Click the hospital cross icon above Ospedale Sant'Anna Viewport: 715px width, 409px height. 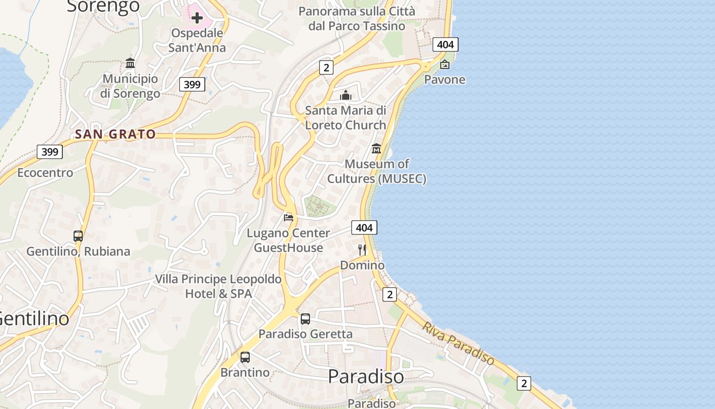point(197,18)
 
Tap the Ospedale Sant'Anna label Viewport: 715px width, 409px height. point(197,40)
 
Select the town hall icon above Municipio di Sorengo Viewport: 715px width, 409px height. point(130,63)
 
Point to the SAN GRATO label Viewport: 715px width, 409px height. point(115,134)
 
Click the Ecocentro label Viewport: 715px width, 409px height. point(45,173)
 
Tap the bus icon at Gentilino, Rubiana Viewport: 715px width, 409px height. point(78,236)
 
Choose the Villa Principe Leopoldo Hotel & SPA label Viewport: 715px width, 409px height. point(218,286)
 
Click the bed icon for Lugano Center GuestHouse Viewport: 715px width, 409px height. point(289,218)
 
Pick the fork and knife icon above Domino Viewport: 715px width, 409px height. point(362,250)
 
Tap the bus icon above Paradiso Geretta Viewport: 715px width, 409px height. point(305,319)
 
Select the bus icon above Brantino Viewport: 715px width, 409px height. point(245,357)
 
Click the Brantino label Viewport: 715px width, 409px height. point(245,372)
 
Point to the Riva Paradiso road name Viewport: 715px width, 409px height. point(458,344)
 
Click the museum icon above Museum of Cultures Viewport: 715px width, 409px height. point(377,149)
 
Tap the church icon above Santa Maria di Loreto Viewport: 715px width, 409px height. point(346,96)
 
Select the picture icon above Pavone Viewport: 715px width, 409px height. point(445,64)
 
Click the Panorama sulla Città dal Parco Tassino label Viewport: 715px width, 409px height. point(357,18)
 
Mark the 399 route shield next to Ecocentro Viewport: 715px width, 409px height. point(50,152)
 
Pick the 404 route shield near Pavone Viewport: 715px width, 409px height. point(445,44)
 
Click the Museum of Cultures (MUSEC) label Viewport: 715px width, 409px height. point(377,171)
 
